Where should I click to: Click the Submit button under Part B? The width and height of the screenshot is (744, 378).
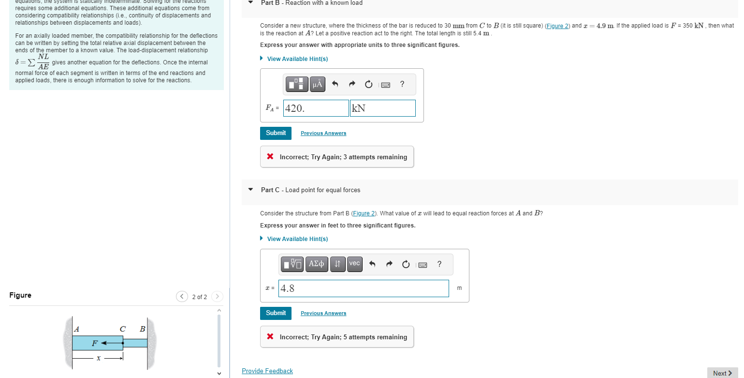coord(276,133)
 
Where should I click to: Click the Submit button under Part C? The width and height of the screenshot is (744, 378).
coord(276,313)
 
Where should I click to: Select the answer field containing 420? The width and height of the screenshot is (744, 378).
coord(316,108)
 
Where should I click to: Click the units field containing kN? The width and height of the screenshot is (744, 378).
coord(382,108)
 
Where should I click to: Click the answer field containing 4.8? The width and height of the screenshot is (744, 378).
coord(364,288)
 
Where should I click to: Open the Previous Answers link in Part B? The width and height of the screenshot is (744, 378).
coord(323,134)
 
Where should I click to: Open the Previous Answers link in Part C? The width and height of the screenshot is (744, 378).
coord(323,314)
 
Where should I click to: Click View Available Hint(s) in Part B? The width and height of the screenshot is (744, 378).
coord(297,59)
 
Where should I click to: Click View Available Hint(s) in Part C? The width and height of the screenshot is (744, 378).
coord(297,239)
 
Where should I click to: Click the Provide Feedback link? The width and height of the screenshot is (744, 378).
coord(267,371)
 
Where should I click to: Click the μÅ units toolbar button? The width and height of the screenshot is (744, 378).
coord(317,84)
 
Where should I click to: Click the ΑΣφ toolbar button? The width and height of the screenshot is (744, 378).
coord(316,264)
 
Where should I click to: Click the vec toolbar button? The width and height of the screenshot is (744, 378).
coord(354,264)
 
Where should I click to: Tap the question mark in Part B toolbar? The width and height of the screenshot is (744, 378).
coord(402,84)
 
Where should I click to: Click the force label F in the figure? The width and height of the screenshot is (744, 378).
coord(95,343)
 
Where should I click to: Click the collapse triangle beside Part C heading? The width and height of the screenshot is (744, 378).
coord(250,190)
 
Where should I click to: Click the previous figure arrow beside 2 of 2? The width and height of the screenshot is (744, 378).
coord(182,297)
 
